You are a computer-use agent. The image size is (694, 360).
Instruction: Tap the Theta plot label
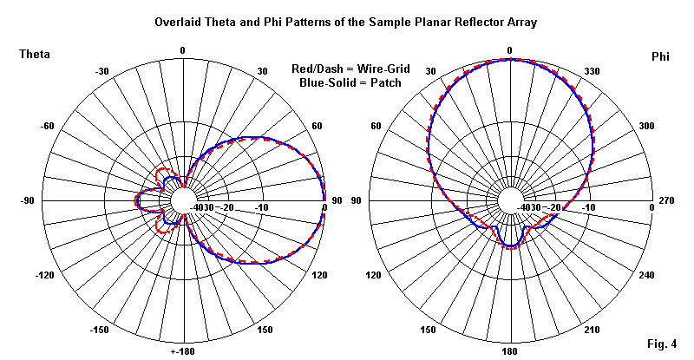pyautogui.click(x=34, y=55)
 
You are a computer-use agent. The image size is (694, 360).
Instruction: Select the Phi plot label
pyautogui.click(x=660, y=56)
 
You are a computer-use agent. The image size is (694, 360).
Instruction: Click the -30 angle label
pyautogui.click(x=101, y=71)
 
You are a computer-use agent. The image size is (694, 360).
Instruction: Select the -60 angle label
pyautogui.click(x=48, y=127)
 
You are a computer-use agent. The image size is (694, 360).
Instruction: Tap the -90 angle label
pyautogui.click(x=28, y=201)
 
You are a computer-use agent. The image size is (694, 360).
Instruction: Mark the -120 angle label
pyautogui.click(x=46, y=275)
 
